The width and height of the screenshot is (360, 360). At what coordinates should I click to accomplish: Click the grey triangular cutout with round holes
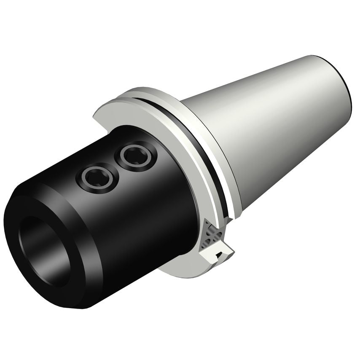[210, 236]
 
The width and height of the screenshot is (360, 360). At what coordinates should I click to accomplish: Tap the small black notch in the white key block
[219, 255]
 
